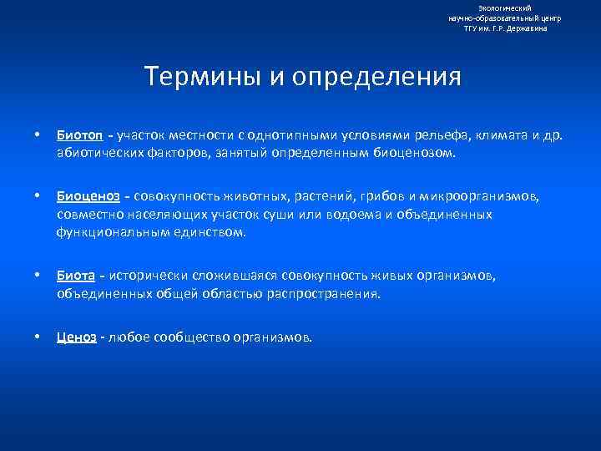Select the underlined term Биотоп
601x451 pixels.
[x=80, y=135]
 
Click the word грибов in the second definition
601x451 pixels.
[x=380, y=196]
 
